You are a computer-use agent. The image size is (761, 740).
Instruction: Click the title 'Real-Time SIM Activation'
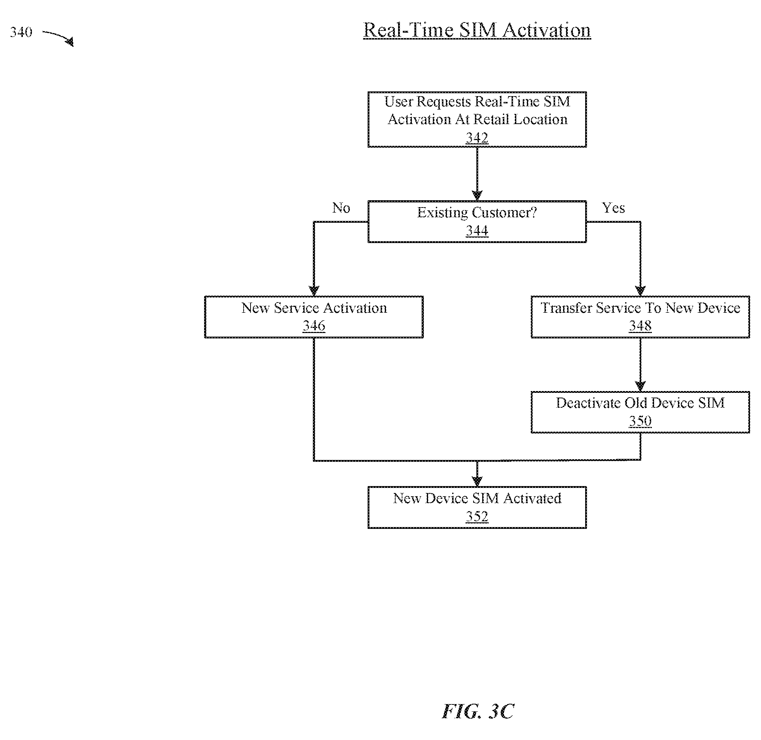click(477, 30)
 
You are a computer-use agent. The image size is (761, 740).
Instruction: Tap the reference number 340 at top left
click(21, 32)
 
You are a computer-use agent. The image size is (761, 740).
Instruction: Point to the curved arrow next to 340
click(58, 37)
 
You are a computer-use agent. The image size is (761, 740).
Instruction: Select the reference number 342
click(477, 137)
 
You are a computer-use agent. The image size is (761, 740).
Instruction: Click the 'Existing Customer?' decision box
click(477, 222)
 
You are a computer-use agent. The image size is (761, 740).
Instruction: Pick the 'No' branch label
click(341, 208)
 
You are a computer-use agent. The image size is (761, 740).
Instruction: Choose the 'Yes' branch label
click(613, 208)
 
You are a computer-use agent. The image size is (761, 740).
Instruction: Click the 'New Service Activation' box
click(314, 317)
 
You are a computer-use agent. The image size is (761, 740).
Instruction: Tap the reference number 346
click(314, 326)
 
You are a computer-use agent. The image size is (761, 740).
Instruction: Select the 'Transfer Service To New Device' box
click(640, 317)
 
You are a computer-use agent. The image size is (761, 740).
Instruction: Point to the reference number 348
click(640, 326)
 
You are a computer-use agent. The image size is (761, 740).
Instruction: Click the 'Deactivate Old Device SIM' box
click(640, 412)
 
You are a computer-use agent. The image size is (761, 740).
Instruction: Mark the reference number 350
click(640, 421)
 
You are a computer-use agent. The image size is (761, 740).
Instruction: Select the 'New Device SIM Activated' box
click(477, 507)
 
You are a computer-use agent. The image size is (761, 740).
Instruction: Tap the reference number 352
click(477, 516)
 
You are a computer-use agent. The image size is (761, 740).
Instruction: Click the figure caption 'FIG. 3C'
click(478, 711)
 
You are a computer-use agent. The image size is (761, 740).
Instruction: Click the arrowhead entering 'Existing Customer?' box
click(477, 196)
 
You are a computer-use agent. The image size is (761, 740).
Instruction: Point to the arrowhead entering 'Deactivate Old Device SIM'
click(640, 386)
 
